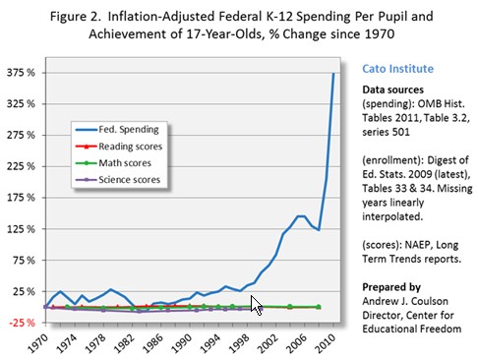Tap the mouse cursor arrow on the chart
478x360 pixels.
point(256,303)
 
